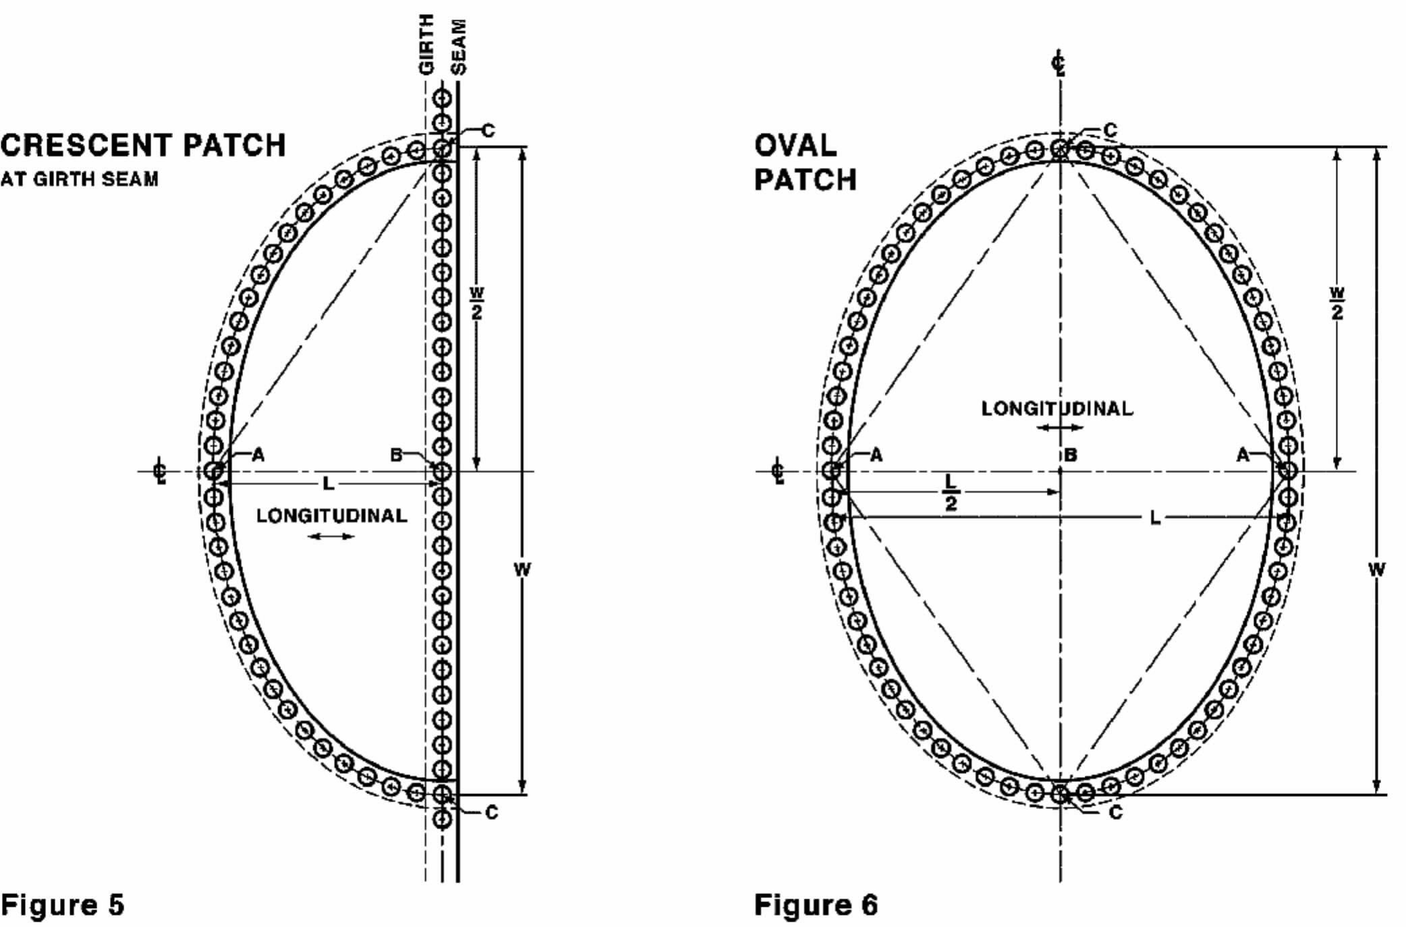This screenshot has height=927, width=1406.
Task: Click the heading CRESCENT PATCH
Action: tap(143, 146)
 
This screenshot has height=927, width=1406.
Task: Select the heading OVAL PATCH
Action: tap(805, 163)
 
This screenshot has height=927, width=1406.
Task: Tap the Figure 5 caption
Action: tap(63, 905)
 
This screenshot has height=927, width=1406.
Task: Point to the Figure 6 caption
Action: tap(816, 905)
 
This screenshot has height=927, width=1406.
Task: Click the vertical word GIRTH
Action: tap(426, 45)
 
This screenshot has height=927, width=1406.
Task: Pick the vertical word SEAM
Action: tap(458, 46)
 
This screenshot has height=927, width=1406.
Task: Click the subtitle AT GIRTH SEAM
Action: tap(79, 179)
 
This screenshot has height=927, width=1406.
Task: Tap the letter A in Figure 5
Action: tap(258, 455)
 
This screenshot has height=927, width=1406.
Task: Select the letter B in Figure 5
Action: tap(397, 455)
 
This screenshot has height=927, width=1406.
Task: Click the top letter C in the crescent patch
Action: tap(488, 130)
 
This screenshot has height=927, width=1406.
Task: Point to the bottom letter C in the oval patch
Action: tap(1115, 813)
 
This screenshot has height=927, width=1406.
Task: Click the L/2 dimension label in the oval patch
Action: tap(951, 492)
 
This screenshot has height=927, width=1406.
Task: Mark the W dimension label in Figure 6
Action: tap(1376, 569)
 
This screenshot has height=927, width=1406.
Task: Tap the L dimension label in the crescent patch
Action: tap(329, 483)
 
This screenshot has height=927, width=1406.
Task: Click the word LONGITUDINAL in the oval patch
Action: tap(1057, 409)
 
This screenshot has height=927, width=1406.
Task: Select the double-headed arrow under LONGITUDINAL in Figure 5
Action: tap(331, 536)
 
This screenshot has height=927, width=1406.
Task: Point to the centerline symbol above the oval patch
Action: tap(1060, 65)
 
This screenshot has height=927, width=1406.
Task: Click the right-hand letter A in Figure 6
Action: tap(1242, 455)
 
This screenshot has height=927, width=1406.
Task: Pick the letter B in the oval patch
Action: tap(1071, 455)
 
